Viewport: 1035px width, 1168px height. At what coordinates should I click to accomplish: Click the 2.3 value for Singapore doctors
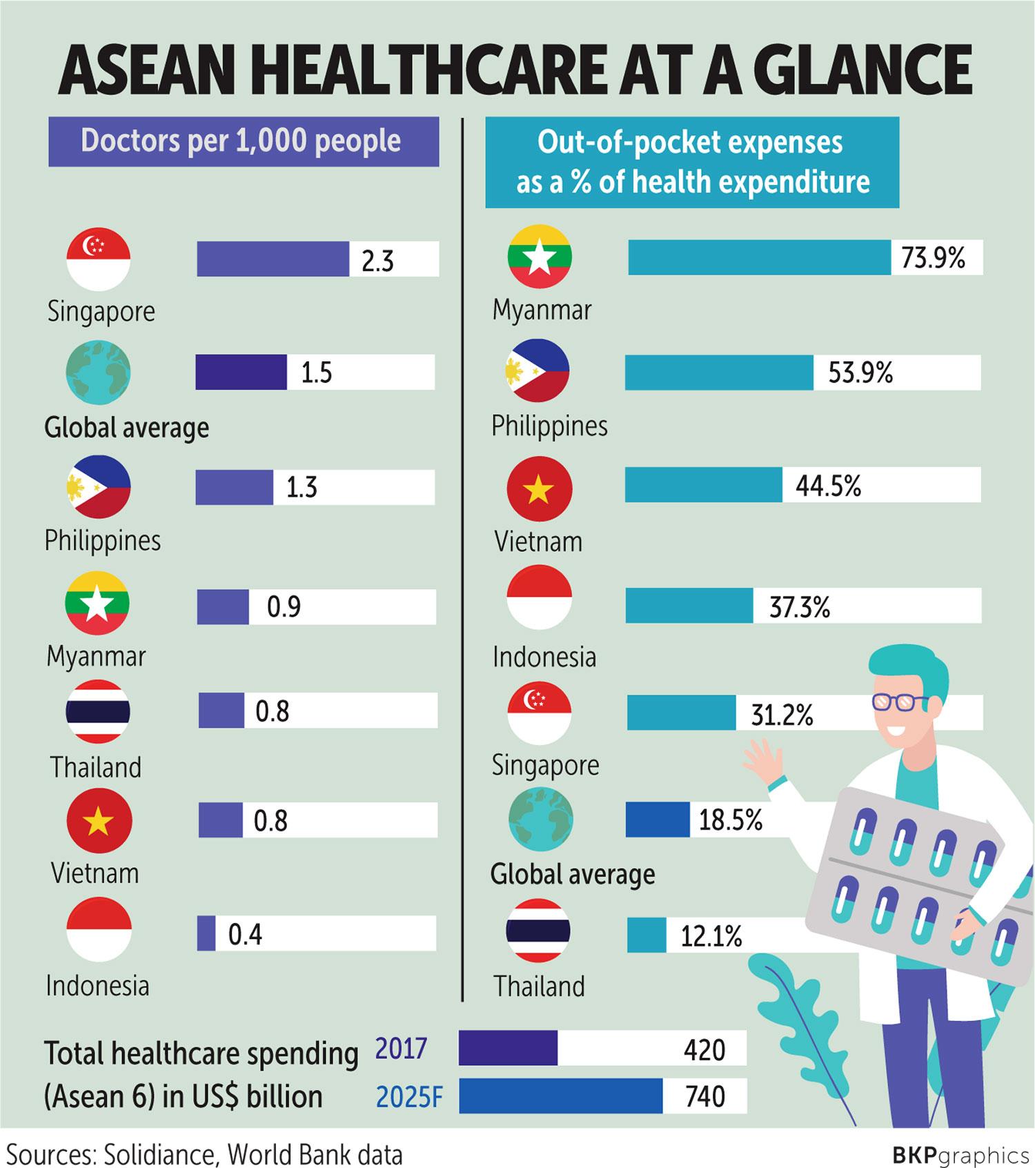[377, 261]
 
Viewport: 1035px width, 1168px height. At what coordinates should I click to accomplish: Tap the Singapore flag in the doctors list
[98, 259]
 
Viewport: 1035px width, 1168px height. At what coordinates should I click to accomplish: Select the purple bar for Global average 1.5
[241, 373]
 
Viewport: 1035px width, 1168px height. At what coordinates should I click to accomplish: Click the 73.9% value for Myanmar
[932, 258]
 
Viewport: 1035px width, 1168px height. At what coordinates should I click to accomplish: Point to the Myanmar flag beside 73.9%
[540, 257]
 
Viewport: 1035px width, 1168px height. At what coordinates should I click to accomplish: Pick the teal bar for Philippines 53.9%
[719, 373]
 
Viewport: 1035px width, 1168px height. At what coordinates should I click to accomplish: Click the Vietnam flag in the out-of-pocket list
[539, 488]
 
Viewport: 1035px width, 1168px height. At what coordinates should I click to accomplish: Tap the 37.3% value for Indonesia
[799, 607]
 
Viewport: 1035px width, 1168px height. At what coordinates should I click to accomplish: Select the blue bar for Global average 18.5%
[657, 820]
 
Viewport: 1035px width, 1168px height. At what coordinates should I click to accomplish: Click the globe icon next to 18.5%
[540, 819]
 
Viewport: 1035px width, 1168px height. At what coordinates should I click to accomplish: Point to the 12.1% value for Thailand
[711, 936]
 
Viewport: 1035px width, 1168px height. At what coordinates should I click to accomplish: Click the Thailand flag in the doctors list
[97, 711]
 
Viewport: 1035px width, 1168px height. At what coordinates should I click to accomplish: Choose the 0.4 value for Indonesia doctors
[245, 935]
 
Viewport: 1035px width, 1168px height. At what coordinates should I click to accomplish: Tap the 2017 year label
[401, 1049]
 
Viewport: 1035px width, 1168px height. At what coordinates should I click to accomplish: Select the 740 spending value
[704, 1096]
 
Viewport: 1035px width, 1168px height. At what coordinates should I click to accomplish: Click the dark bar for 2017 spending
[508, 1049]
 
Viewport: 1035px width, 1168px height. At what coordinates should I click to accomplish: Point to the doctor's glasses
[900, 702]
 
